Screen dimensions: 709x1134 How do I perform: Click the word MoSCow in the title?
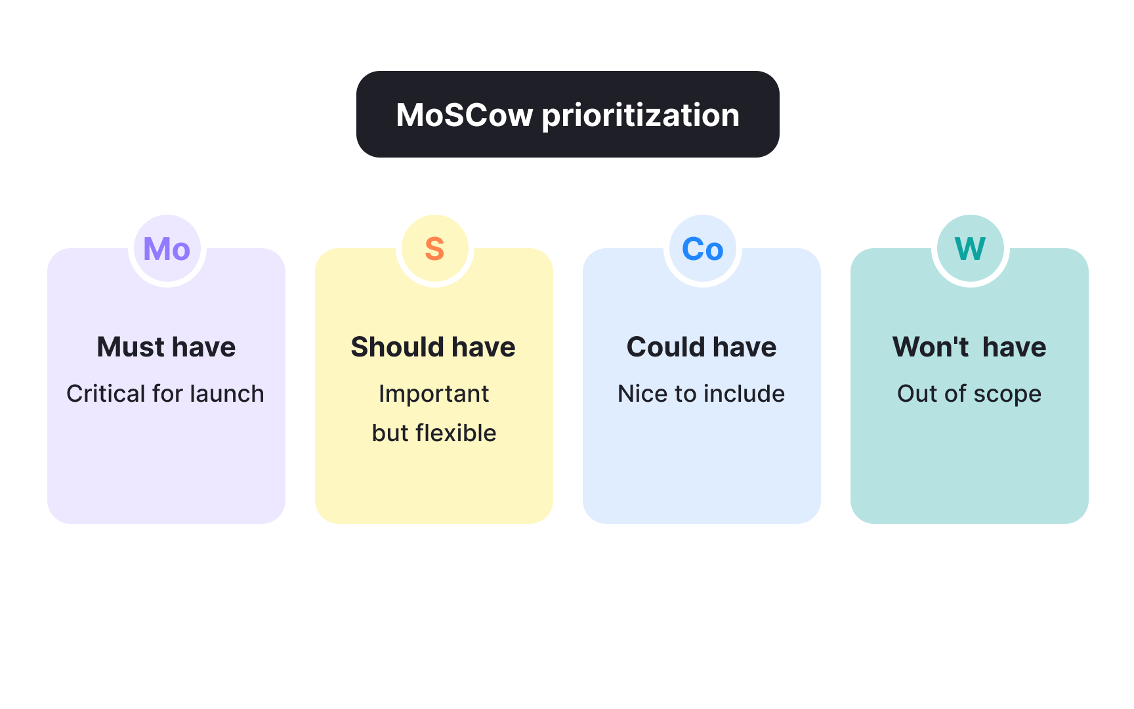tap(464, 115)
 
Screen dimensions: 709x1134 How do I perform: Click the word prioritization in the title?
tap(640, 116)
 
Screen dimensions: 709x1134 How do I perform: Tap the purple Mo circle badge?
tap(167, 249)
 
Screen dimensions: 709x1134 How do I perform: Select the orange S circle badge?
tap(434, 249)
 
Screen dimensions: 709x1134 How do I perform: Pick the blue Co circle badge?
tap(702, 249)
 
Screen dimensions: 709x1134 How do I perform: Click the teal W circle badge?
tap(970, 249)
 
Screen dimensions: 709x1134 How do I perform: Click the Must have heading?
tap(166, 347)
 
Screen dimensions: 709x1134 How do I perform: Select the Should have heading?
tap(433, 347)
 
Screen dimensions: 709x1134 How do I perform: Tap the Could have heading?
tap(702, 347)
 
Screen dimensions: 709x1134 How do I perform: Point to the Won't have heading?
tap(969, 347)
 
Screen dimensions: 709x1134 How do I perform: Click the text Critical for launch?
tap(165, 393)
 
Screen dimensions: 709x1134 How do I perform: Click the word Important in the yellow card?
tap(434, 393)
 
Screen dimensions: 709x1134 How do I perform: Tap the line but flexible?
tap(434, 433)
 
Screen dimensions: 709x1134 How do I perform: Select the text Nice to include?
tap(701, 393)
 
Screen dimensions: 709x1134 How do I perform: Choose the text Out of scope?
tap(969, 393)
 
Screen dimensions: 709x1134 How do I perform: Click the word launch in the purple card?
tap(226, 393)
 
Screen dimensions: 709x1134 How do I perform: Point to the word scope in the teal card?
tap(1007, 395)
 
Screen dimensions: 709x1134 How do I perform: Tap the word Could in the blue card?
tap(665, 347)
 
